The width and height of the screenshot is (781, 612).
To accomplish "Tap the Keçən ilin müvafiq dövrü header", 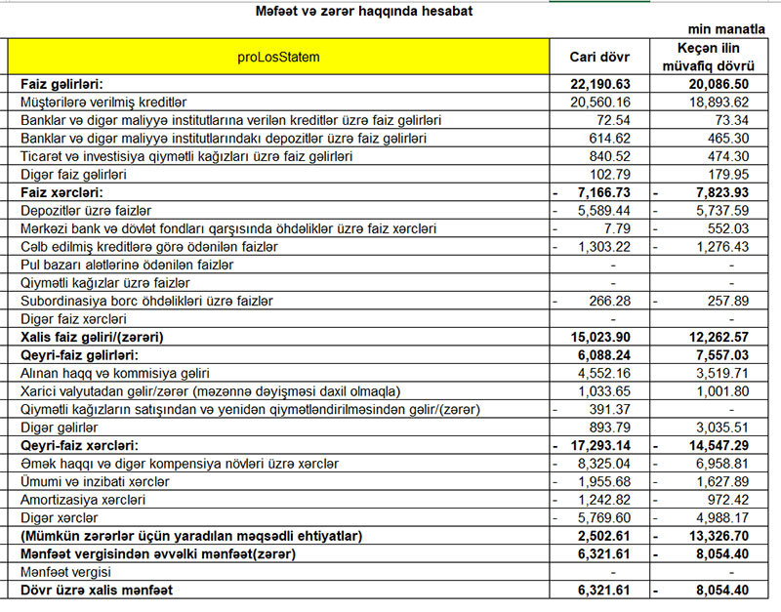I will click(x=719, y=57).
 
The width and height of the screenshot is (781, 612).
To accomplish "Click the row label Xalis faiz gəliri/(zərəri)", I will click(x=92, y=337).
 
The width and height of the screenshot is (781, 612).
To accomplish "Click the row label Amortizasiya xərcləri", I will click(x=82, y=499).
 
